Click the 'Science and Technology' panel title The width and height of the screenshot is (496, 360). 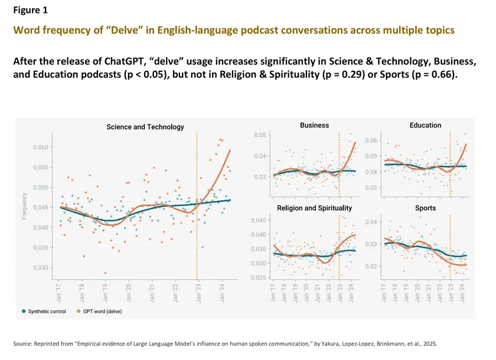click(145, 127)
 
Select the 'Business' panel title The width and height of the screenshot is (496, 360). click(315, 125)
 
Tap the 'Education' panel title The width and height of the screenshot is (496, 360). click(425, 125)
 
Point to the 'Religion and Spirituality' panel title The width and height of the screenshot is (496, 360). click(314, 208)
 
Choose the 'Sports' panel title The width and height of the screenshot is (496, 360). click(425, 208)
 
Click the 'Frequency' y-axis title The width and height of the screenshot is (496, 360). click(25, 207)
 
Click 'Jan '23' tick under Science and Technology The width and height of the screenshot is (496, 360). click(197, 289)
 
